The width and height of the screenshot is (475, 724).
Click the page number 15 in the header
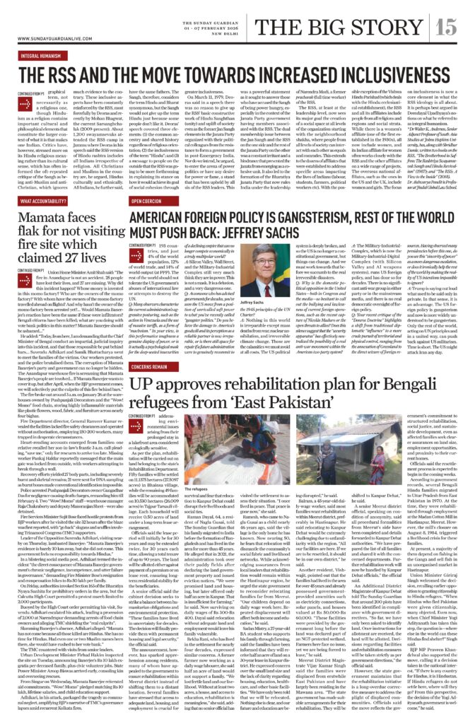tap(446, 26)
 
